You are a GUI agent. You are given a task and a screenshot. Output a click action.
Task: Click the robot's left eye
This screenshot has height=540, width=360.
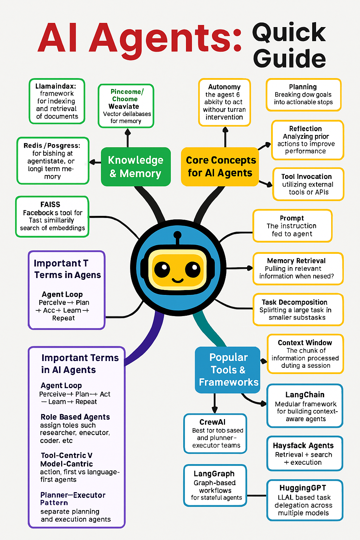click(162, 270)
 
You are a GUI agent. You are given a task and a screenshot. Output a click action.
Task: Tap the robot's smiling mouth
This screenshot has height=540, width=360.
click(178, 281)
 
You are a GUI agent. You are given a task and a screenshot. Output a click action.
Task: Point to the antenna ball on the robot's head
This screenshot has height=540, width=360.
click(178, 235)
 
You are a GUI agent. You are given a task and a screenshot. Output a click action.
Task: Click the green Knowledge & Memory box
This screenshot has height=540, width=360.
click(136, 167)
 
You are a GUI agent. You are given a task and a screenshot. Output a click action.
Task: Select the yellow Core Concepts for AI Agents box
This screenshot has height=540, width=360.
click(220, 167)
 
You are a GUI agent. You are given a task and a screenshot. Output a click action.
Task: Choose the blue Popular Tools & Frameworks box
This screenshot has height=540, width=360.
click(228, 370)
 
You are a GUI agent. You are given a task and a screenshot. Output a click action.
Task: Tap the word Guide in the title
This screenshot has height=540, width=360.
click(289, 58)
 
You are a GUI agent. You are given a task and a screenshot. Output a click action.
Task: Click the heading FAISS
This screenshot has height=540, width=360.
click(50, 205)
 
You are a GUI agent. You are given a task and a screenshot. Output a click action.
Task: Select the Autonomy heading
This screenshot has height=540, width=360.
click(224, 87)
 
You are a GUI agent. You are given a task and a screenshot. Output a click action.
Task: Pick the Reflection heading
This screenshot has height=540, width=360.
click(306, 129)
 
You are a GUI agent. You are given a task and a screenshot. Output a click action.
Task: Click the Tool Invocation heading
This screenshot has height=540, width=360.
click(306, 176)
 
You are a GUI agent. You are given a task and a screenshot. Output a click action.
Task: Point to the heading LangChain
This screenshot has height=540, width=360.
click(305, 395)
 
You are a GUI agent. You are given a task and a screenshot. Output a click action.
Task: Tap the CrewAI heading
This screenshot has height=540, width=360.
click(212, 422)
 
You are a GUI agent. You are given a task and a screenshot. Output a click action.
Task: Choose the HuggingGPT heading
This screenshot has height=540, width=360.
click(303, 488)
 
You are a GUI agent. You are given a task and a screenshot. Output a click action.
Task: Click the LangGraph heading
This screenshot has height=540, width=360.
click(214, 474)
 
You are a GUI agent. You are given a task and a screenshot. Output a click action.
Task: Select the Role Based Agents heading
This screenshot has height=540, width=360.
click(75, 417)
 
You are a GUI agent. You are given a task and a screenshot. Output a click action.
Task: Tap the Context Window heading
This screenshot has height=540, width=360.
click(305, 343)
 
